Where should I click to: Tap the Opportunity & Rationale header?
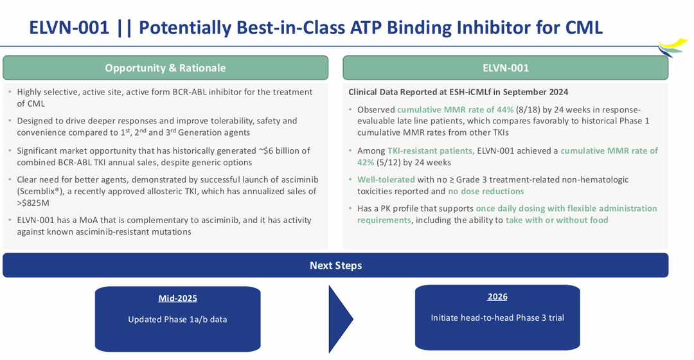[165, 68]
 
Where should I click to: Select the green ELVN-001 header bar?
[505, 68]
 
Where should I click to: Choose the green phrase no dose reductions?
[486, 191]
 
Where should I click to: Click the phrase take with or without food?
[556, 220]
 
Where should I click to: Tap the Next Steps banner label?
[335, 265]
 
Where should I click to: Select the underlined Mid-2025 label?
[177, 298]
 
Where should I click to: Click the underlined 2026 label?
[497, 296]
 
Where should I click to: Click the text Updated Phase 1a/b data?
[177, 319]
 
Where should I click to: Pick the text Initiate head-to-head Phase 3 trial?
[497, 318]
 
